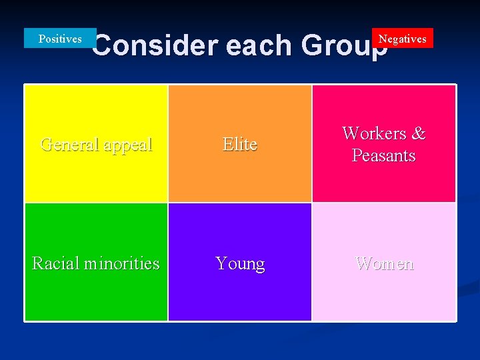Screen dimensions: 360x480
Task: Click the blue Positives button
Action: coord(60,39)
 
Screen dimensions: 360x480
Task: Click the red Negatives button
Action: coord(403,39)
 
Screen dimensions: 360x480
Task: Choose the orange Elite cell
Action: coord(240,167)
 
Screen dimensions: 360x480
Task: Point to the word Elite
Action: coord(240,144)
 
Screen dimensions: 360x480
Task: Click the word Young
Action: coord(240,264)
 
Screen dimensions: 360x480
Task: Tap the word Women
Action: coord(384,263)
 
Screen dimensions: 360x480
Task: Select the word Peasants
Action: coord(384,156)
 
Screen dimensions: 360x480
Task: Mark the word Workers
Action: coord(374,133)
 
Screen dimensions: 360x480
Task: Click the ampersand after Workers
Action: coord(419,133)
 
